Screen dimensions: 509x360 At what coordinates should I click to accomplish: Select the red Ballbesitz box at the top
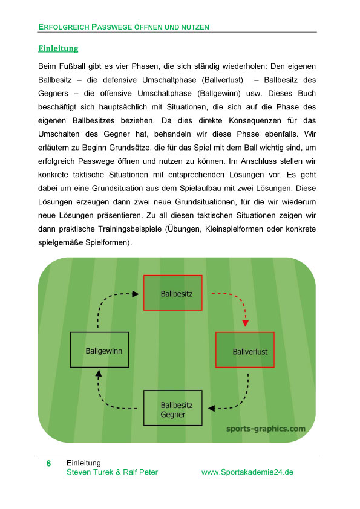[172, 293]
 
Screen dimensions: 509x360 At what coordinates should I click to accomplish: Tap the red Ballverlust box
[244, 350]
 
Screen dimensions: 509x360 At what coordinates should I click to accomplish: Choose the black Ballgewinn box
[99, 349]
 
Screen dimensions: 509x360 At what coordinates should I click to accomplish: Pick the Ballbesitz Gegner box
[172, 408]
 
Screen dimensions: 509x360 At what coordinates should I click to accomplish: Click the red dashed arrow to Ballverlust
[234, 302]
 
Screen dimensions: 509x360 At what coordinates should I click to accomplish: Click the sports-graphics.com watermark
[266, 429]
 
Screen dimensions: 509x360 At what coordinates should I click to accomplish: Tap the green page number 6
[48, 464]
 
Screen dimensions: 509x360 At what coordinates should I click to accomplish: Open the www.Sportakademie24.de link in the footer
[247, 472]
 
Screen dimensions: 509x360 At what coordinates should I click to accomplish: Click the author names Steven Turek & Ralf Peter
[112, 472]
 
